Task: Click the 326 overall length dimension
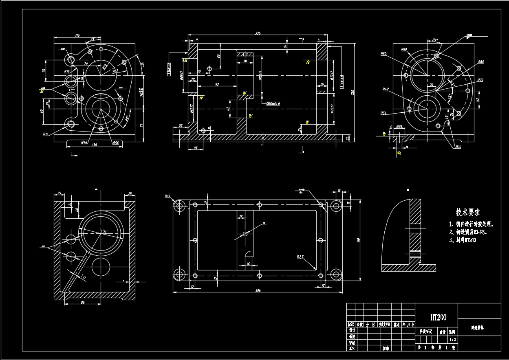pos(258,33)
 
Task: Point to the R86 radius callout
pos(481,62)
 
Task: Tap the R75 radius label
pos(480,80)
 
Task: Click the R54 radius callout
pos(383,113)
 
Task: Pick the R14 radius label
pos(458,147)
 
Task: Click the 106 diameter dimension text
pos(104,231)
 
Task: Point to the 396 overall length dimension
pos(258,290)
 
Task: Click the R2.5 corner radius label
pos(300,257)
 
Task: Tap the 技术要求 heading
pos(468,212)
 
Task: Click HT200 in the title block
pos(438,317)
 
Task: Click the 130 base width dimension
pos(95,145)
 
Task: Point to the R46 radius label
pos(84,143)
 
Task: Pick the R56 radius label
pos(116,143)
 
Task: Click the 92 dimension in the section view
pos(217,84)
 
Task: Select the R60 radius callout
pos(404,50)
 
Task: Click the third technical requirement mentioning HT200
pos(463,240)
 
